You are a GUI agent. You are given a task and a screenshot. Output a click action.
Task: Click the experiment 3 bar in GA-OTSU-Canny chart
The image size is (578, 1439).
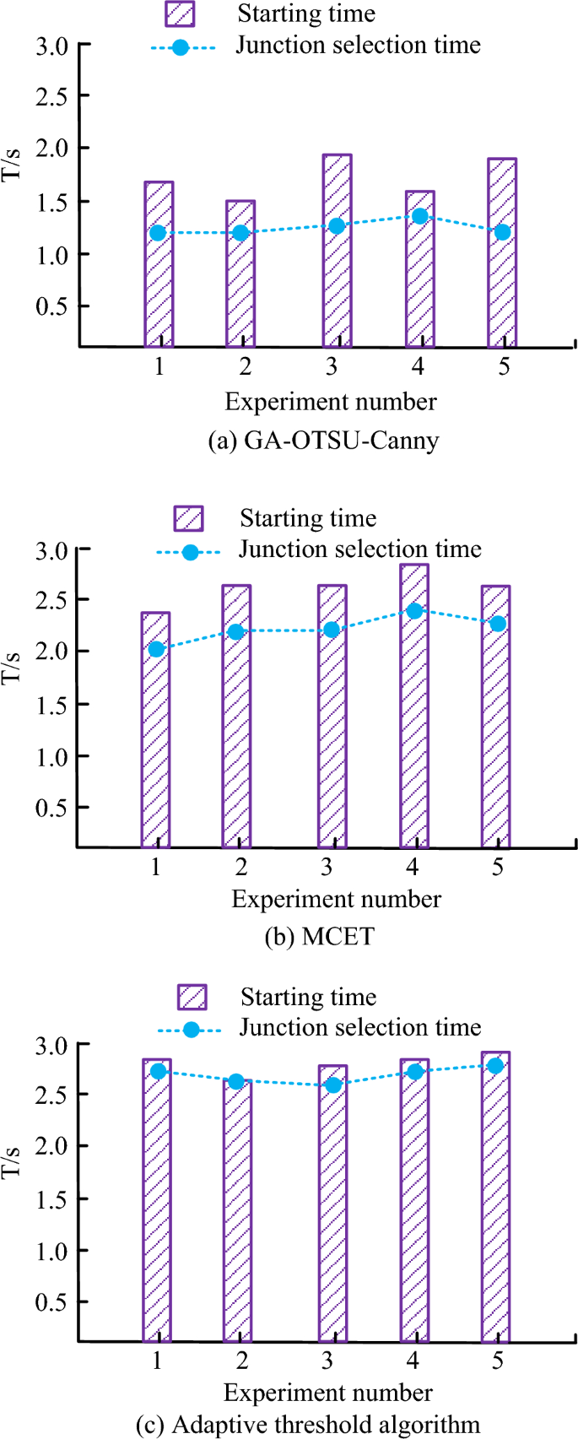click(337, 279)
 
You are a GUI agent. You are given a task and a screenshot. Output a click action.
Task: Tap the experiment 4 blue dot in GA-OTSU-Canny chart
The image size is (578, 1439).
click(419, 217)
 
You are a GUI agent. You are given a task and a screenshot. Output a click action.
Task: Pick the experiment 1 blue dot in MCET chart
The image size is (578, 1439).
click(156, 649)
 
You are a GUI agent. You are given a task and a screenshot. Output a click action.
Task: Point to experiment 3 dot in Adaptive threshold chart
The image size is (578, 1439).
click(333, 1085)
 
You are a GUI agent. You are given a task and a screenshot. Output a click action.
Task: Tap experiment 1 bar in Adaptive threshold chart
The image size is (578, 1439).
click(157, 1224)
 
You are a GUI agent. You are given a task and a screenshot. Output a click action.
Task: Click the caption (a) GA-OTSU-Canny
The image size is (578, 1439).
click(323, 441)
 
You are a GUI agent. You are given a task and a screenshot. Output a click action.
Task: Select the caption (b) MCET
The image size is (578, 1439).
click(319, 937)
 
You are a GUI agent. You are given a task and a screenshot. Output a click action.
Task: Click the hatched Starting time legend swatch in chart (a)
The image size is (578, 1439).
click(180, 14)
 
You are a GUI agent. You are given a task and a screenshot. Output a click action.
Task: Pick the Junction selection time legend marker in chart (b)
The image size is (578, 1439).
click(190, 553)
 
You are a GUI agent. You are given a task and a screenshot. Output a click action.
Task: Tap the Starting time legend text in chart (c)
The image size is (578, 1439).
click(308, 997)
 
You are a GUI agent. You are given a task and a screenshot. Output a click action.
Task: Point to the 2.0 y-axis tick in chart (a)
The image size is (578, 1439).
click(50, 149)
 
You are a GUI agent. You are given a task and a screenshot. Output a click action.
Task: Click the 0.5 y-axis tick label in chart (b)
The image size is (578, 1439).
click(50, 808)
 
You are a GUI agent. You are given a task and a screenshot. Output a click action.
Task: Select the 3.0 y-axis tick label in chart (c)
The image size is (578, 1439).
click(50, 1045)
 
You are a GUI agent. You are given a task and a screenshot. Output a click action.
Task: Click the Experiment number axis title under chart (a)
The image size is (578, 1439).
click(331, 402)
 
